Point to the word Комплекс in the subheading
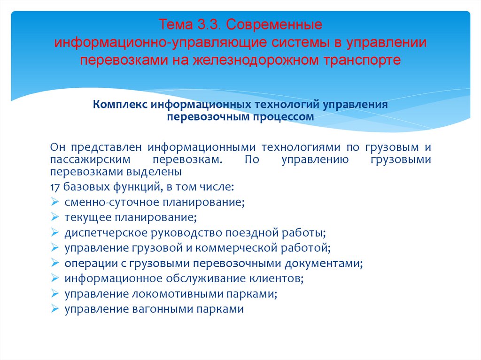coord(120,104)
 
